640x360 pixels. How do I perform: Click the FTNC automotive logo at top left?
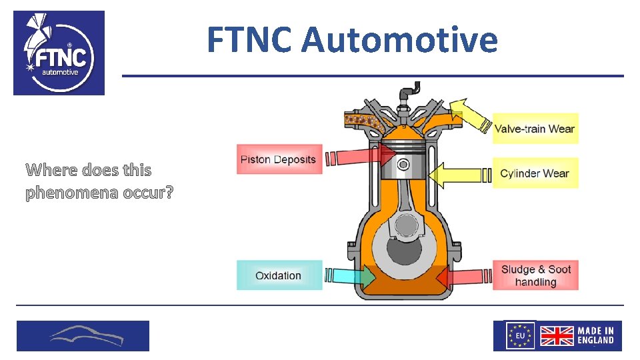59,53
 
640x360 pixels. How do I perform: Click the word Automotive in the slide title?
399,39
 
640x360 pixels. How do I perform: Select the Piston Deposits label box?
279,159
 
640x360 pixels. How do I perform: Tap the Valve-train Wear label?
535,129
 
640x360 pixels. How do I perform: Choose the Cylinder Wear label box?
535,173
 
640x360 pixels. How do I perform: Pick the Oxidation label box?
279,275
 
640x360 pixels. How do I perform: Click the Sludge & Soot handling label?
536,275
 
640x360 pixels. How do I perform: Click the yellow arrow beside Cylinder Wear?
456,175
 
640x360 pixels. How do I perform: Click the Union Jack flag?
556,335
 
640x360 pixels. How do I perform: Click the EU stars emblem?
521,335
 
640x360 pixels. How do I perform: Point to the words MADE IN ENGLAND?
595,335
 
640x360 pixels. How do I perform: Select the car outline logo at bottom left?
83,335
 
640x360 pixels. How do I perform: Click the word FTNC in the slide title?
248,39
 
